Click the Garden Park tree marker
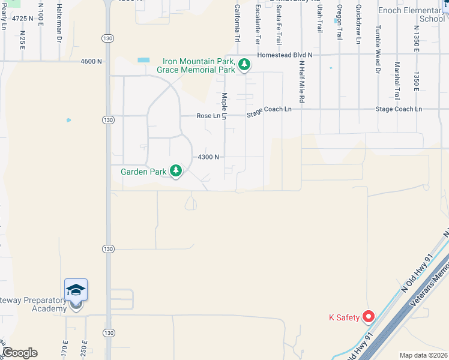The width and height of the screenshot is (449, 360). point(176,172)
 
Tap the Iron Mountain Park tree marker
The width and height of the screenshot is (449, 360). point(244,65)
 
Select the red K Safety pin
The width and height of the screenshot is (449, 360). point(369,316)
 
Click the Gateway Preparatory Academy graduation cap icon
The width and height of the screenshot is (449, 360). point(76,291)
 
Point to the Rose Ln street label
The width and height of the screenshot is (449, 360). point(208,116)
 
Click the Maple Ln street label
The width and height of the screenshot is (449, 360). point(224,106)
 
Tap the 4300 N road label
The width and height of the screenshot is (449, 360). point(208,157)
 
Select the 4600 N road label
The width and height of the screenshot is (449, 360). point(91,61)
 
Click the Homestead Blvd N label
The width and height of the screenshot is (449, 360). point(285,55)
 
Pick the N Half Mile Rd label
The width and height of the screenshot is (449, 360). point(302,85)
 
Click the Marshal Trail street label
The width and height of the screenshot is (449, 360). point(397,80)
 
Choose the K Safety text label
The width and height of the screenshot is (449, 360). point(344,317)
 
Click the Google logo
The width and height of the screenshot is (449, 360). point(20,353)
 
